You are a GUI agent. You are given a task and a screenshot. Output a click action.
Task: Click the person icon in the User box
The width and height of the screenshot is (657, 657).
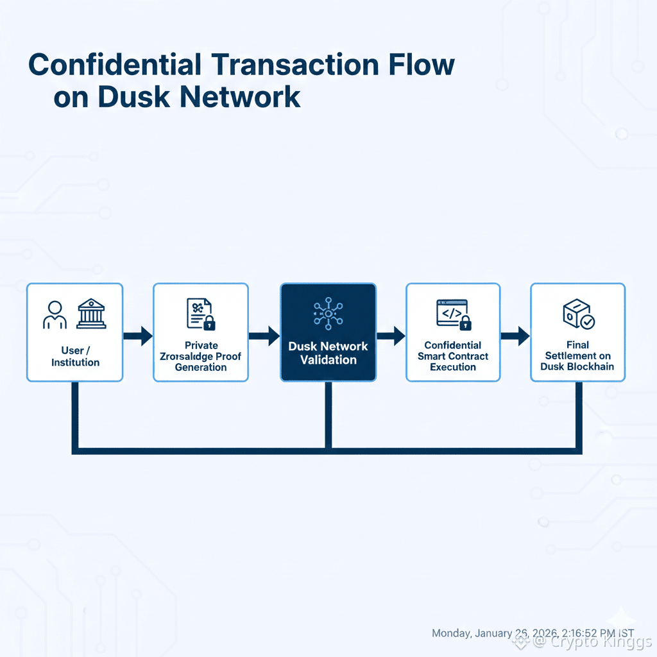point(54,314)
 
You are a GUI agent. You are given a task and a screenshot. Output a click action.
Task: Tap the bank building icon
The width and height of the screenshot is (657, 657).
point(91,313)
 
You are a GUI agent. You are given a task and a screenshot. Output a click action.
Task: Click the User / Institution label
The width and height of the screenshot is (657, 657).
point(75,357)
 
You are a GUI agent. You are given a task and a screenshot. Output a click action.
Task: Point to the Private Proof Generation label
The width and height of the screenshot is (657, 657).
point(201,356)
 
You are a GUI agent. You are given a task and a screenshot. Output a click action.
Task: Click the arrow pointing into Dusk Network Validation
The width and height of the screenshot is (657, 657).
point(264,335)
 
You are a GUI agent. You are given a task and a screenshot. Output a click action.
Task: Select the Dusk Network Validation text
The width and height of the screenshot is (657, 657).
point(328,353)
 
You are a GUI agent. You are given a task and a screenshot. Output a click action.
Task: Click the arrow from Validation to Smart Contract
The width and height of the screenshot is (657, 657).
point(391,335)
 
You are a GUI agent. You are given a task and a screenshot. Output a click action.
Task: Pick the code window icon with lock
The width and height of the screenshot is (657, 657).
point(453,314)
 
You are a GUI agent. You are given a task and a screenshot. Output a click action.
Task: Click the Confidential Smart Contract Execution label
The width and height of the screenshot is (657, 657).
point(453,356)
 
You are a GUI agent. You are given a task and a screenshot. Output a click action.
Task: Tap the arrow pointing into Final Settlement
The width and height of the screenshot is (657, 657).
point(515,335)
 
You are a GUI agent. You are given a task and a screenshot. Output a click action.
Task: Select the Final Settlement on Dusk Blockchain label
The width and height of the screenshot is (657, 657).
point(577,356)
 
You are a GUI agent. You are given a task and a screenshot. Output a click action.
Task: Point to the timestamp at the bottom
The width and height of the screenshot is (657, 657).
point(533,633)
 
